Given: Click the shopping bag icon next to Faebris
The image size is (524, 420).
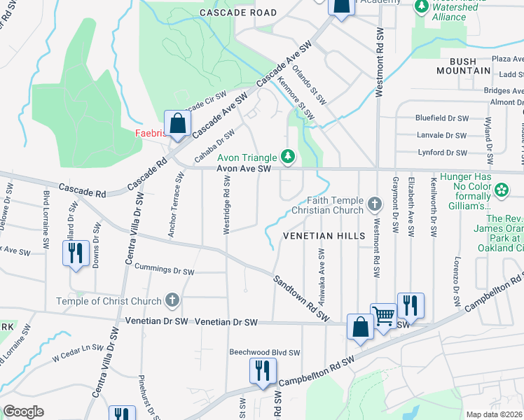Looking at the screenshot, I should pyautogui.click(x=178, y=123).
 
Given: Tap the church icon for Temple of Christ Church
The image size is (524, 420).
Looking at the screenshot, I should pyautogui.click(x=172, y=301).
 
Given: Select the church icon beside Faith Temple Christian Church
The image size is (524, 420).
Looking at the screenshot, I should pyautogui.click(x=375, y=205).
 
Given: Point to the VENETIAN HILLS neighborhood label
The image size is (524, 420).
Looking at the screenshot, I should pyautogui.click(x=324, y=236).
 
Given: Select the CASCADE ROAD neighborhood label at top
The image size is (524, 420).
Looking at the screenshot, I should pyautogui.click(x=238, y=13).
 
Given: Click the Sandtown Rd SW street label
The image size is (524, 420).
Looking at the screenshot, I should pyautogui.click(x=301, y=297).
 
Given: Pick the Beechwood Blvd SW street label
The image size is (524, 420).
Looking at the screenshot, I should pyautogui.click(x=265, y=353).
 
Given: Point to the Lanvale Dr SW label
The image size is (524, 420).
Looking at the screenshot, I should pyautogui.click(x=441, y=136).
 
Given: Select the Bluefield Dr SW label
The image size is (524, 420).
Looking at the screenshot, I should pyautogui.click(x=441, y=119).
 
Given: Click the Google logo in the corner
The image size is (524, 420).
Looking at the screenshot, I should pyautogui.click(x=24, y=411).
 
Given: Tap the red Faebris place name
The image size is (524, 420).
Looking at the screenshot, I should pyautogui.click(x=150, y=133).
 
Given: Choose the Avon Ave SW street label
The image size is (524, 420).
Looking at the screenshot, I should pyautogui.click(x=243, y=169).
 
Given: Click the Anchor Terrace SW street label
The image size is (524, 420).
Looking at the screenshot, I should pyautogui.click(x=175, y=205).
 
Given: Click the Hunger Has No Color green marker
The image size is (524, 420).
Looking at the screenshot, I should pyautogui.click(x=501, y=190).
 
